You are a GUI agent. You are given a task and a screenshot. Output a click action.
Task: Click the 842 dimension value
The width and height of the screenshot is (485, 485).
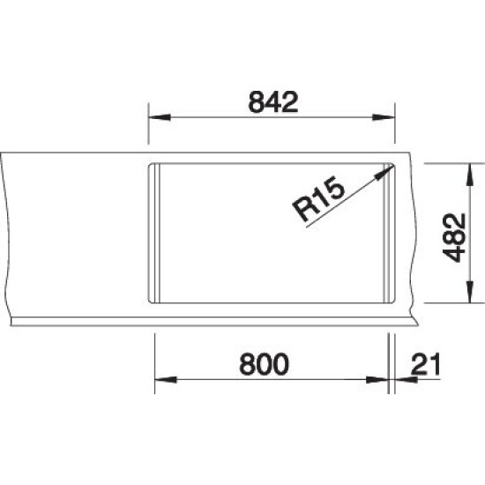pos(273,102)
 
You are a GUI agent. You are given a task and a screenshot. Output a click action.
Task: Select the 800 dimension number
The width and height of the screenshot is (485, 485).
pos(265,364)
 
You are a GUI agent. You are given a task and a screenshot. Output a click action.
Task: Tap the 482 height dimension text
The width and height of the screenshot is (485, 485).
pos(454,238)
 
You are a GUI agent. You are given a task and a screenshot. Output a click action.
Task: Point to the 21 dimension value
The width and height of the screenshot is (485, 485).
pos(425,364)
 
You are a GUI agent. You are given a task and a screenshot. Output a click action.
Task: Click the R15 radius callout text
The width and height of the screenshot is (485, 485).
pos(318,198)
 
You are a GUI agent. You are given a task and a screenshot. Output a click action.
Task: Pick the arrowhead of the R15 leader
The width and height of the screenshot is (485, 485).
pos(384,172)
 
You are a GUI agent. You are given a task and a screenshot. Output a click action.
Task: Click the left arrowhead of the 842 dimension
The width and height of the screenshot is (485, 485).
pos(160,117)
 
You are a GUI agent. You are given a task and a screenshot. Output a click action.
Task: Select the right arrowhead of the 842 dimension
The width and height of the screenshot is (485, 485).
pos(384,117)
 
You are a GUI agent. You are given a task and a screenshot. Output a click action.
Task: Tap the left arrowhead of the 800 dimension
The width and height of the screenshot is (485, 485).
pos(166,379)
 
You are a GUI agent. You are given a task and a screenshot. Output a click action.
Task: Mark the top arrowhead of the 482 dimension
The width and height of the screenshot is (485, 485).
pos(470,175)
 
